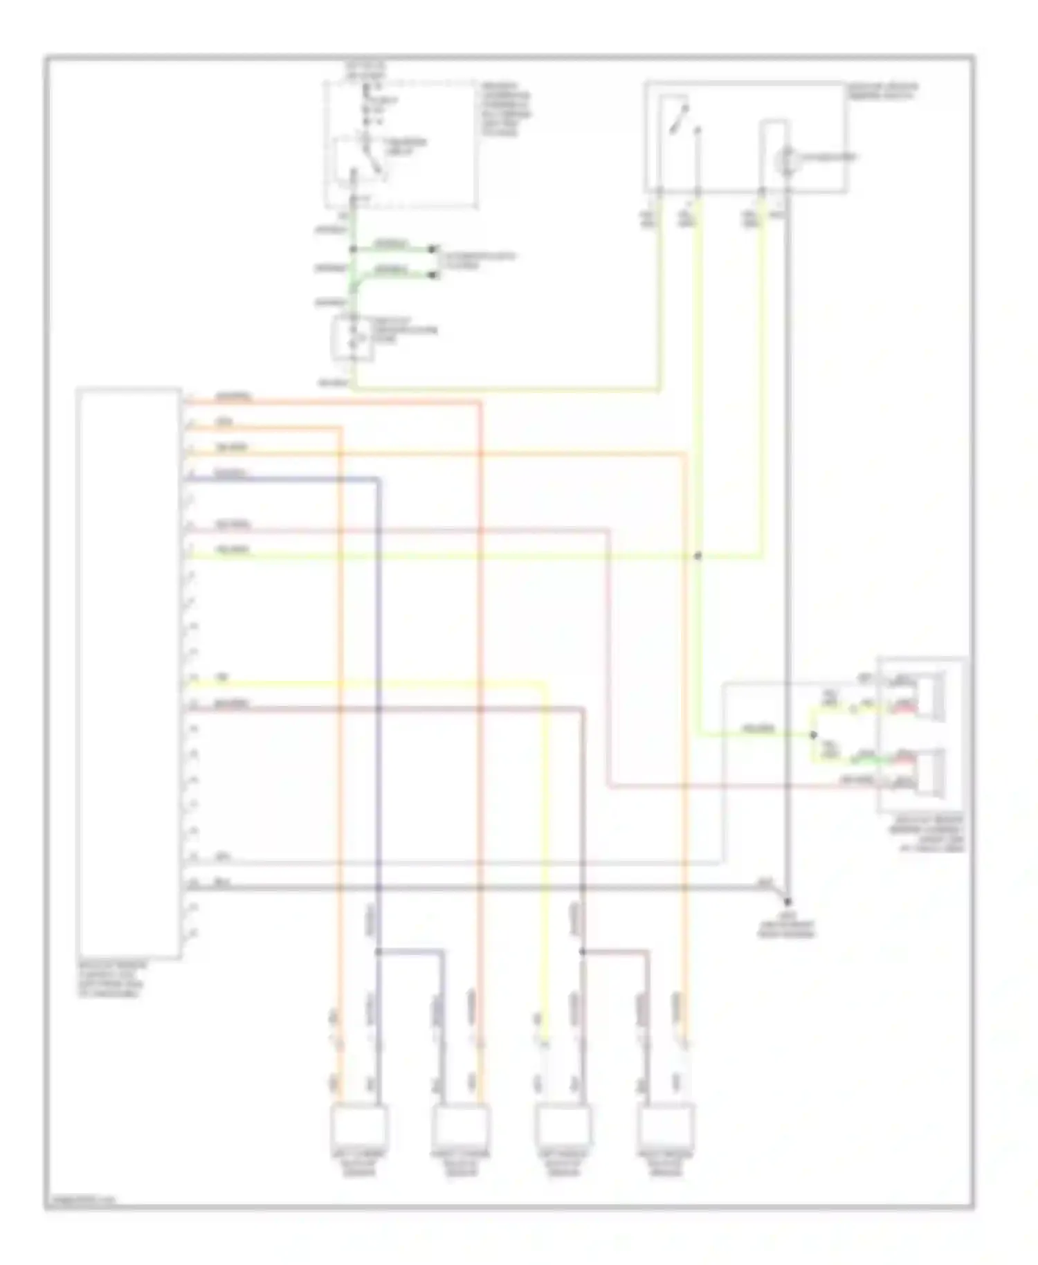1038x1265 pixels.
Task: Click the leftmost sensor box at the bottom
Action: pyautogui.click(x=360, y=1126)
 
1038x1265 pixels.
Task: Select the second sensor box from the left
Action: pyautogui.click(x=461, y=1126)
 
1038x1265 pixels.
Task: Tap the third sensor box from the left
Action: pyautogui.click(x=563, y=1126)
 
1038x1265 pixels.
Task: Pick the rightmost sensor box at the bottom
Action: pyautogui.click(x=666, y=1126)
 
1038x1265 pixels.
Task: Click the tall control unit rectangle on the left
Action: pyautogui.click(x=129, y=673)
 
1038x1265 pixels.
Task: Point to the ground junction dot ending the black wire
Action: pyautogui.click(x=787, y=902)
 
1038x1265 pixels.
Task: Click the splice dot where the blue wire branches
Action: pyautogui.click(x=378, y=952)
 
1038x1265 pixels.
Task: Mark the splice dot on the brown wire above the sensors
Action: pyautogui.click(x=582, y=952)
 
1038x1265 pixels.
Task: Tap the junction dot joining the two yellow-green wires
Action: pyautogui.click(x=698, y=556)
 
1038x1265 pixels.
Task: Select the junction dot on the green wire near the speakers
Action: pyautogui.click(x=814, y=734)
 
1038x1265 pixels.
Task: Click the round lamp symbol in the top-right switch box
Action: pyautogui.click(x=786, y=159)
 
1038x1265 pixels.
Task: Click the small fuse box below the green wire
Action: pyautogui.click(x=354, y=338)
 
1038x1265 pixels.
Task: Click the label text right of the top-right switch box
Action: pyautogui.click(x=882, y=91)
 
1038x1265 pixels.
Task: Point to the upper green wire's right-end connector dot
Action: pyautogui.click(x=433, y=248)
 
